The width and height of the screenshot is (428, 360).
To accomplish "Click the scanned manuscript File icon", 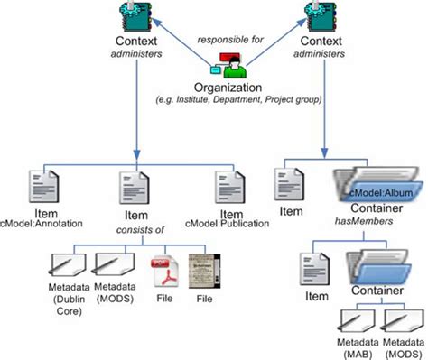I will coord(200,272).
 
